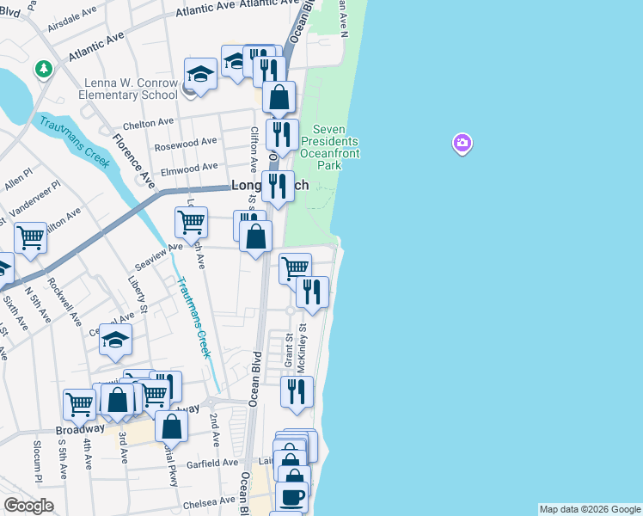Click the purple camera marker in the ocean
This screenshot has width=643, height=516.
click(462, 144)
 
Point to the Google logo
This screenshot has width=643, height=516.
click(28, 506)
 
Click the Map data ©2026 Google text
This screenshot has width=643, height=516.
click(590, 509)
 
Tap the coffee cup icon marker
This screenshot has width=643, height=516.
click(292, 497)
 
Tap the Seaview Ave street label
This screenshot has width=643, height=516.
click(162, 247)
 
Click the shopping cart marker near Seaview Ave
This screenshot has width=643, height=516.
click(191, 222)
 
